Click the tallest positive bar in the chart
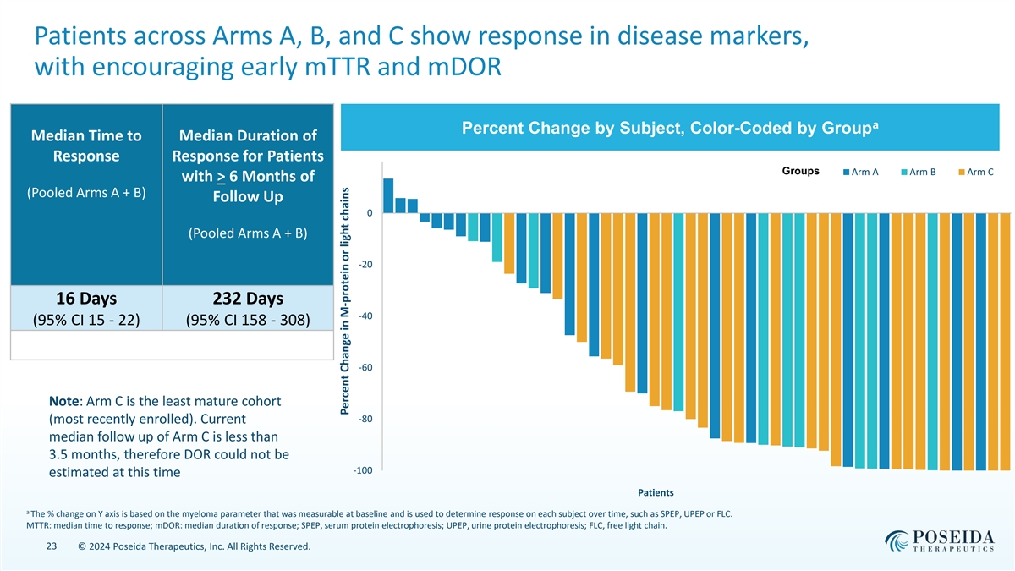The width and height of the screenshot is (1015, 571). (388, 195)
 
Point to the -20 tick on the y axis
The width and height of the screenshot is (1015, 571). (365, 265)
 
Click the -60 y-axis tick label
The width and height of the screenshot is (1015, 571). (365, 368)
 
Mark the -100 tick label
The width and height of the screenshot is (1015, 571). (364, 470)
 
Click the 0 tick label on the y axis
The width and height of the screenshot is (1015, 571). (370, 213)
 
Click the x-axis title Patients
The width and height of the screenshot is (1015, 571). (650, 491)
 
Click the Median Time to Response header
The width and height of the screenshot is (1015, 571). (85, 145)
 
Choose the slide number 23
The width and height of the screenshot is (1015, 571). (50, 547)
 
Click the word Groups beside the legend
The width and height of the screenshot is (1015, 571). (801, 172)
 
